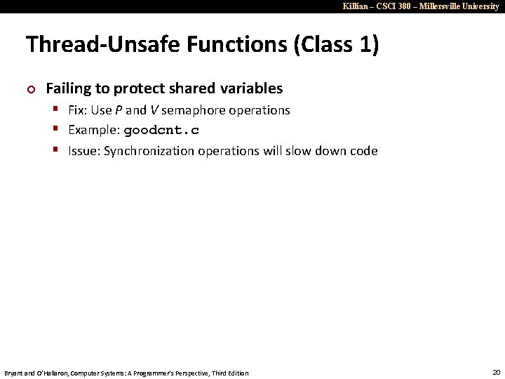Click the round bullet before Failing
pos(29,89)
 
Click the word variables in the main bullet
pos(250,88)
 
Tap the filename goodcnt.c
pos(161,131)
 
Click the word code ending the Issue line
pos(364,151)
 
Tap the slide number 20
pos(497,371)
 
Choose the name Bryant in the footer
pos(15,373)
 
